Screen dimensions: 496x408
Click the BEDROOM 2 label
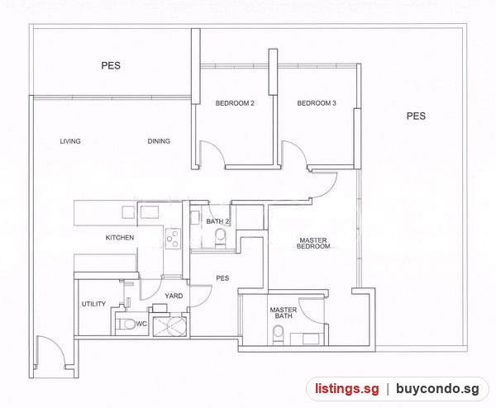pos(235,103)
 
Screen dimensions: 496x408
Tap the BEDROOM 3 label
pos(317,103)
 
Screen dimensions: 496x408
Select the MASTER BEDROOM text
pos(313,244)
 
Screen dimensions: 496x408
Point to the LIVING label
pos(70,141)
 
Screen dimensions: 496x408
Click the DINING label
pos(159,141)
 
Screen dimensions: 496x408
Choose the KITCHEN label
pos(120,238)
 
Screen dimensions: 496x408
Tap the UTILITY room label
pos(93,304)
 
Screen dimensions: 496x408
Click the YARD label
pos(174,297)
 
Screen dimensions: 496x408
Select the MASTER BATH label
pos(284,313)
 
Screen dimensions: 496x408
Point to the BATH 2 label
pos(217,221)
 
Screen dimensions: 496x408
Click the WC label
pos(141,324)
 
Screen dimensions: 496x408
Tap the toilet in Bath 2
pos(220,238)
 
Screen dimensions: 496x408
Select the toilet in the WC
pos(126,324)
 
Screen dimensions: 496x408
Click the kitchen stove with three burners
pos(173,238)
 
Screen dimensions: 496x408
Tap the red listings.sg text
pos(346,389)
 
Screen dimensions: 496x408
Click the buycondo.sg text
pos(437,389)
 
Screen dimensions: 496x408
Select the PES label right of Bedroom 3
pos(416,116)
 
